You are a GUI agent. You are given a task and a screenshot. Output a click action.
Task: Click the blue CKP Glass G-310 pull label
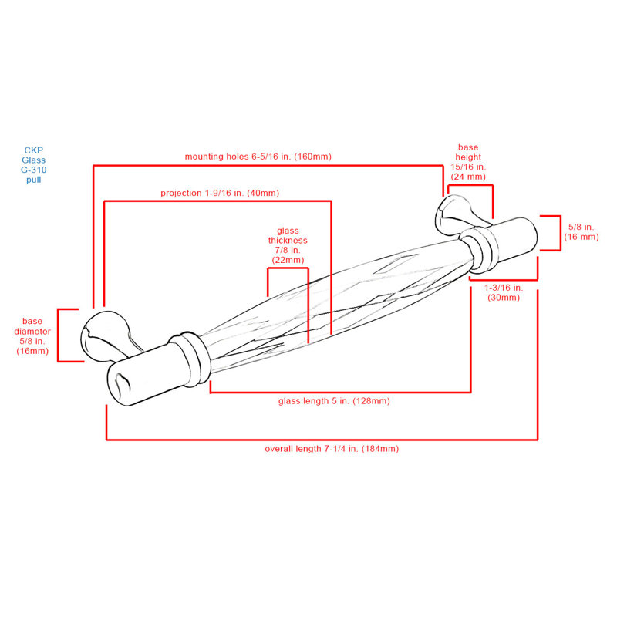coord(33,165)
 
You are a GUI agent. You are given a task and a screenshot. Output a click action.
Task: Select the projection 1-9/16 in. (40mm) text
coord(220,194)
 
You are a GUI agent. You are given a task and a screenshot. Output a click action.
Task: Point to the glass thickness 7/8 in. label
coord(288,245)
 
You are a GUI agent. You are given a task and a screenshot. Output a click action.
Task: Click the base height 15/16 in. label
coord(468,162)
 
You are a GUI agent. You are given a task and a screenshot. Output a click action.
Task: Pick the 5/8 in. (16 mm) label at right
coord(582,232)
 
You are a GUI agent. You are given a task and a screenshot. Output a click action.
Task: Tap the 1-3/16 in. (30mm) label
coord(504,292)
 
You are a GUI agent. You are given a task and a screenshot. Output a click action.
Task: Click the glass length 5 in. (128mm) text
coord(334,401)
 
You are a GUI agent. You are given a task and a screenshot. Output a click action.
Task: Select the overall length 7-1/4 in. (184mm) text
coord(332,449)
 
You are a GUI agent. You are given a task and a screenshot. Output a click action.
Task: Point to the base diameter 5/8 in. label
coord(32,336)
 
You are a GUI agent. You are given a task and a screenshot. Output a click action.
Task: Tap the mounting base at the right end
coord(457,214)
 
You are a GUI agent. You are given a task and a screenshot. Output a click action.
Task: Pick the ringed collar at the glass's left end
coord(190,358)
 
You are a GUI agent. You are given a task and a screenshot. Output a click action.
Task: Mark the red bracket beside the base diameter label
coord(58,335)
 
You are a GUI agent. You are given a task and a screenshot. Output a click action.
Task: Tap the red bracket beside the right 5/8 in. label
coord(560,233)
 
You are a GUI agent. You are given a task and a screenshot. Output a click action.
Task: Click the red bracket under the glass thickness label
coord(288,268)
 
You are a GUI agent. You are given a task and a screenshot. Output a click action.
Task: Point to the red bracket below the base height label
coord(470,185)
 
